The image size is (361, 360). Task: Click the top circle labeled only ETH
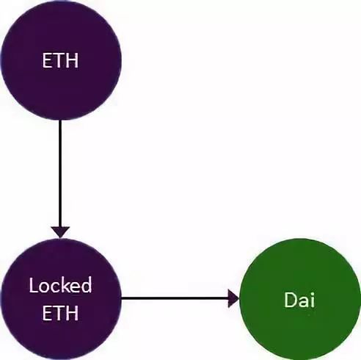pos(61,60)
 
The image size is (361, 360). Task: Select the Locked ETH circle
pos(61,299)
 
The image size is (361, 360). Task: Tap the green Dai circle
pos(300,299)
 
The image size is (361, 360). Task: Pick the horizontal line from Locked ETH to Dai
pos(175,298)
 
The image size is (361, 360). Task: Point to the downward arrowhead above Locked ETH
pos(60,232)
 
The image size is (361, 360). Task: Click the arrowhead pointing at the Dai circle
pos(233,298)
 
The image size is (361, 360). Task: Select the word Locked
pos(60,284)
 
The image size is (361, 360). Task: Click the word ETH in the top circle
pos(60,60)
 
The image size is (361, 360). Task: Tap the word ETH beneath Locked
pos(60,313)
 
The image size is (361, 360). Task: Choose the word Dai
pos(299,300)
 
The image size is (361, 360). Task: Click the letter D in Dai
pos(290,300)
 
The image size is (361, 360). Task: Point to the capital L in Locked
pos(33,285)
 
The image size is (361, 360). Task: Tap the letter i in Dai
pos(313,300)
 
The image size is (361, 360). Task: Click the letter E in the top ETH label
pos(47,60)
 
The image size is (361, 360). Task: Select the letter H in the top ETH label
pos(72,60)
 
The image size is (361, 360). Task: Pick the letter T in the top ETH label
pos(59,60)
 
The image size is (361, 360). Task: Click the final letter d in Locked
pos(87,284)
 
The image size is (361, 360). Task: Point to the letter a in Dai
pos(303,302)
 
